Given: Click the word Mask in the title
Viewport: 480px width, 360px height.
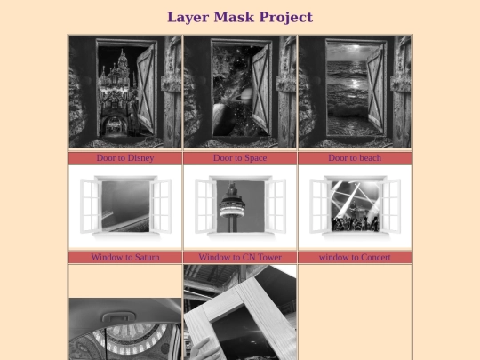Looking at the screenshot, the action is coord(234,17).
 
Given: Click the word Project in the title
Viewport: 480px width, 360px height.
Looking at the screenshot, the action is coord(286,18).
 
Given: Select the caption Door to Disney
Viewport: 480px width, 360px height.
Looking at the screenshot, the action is coord(125,158).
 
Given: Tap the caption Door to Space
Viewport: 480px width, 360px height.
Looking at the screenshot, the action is coord(240,158).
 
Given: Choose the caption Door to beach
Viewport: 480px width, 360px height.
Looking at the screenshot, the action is coord(355,158).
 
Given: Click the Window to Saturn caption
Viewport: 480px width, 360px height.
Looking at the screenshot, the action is coord(125,257).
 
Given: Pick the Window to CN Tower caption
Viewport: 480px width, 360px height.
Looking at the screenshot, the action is coord(240,257).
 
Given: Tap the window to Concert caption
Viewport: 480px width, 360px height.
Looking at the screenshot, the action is coord(355,257).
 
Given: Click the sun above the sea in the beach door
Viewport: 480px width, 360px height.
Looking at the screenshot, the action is coord(355,47).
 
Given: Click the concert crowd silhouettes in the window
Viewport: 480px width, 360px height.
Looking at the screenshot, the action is coord(355,223).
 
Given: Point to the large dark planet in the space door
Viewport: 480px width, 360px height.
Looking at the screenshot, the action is coord(224,119).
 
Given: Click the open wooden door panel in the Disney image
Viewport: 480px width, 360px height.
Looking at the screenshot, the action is coord(146,89).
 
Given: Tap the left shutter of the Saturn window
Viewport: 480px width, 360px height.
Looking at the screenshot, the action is coord(91,206).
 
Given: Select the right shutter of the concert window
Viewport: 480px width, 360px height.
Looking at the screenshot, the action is coord(389,206).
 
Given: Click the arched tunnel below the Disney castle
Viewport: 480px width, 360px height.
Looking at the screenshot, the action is coord(115,125).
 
